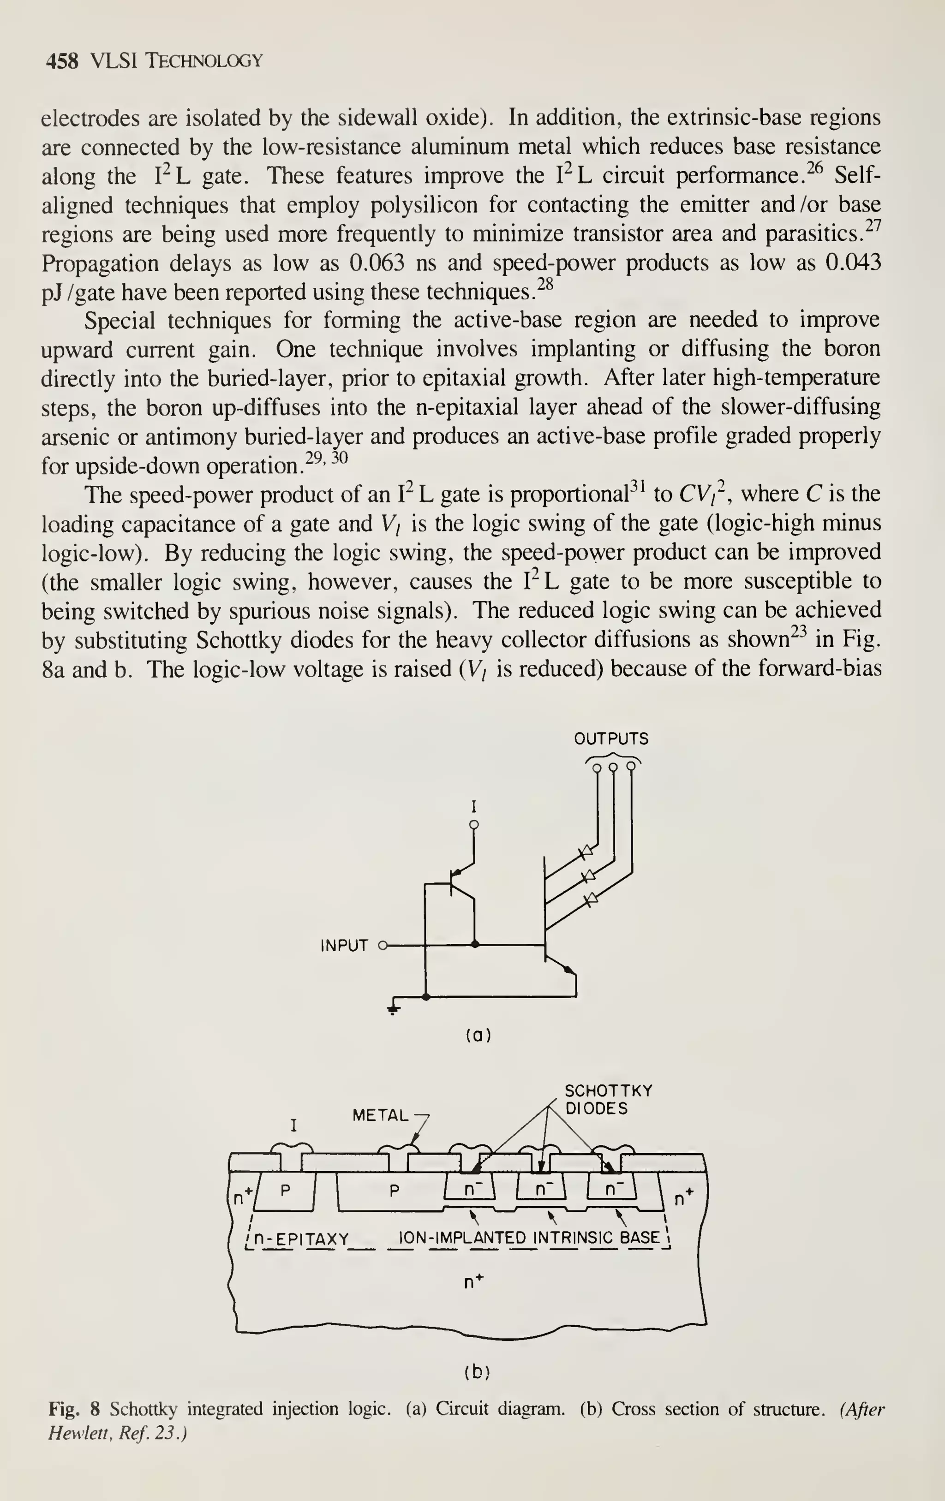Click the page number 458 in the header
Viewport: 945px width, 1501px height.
coord(63,61)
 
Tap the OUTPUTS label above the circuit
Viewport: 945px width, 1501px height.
coord(611,739)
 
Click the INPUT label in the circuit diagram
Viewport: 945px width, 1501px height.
coord(344,946)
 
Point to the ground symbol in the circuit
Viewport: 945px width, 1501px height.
coord(393,1007)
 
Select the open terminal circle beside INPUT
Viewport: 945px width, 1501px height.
coord(383,945)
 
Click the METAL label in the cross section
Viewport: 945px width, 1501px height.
coord(380,1115)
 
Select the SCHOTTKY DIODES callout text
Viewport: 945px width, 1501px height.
coord(608,1100)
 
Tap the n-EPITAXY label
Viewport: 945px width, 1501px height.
coord(302,1239)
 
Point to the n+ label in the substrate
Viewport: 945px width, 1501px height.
coord(474,1282)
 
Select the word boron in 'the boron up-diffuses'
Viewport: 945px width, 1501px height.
coord(178,408)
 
